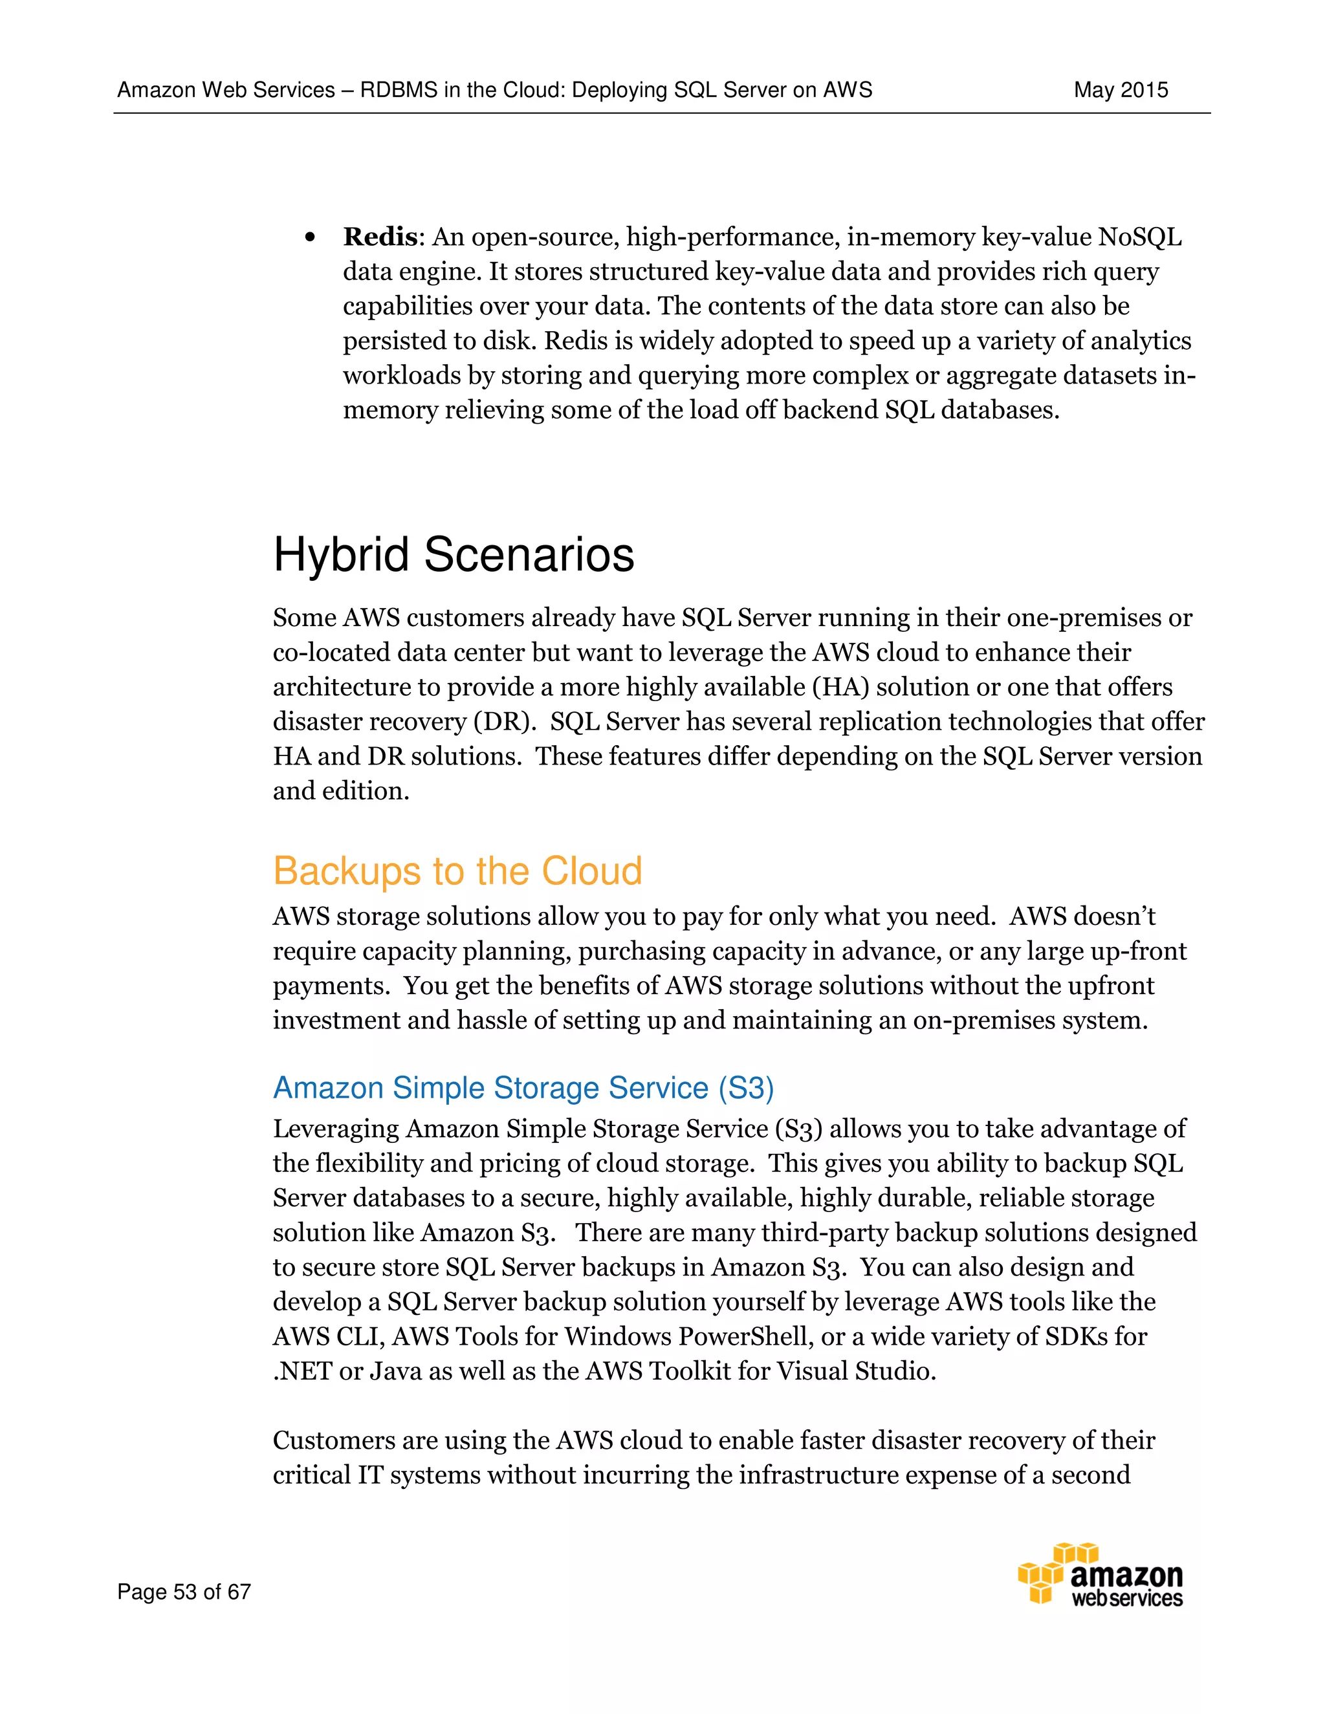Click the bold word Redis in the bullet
coord(379,236)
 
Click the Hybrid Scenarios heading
coord(453,555)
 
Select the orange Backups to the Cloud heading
coord(457,871)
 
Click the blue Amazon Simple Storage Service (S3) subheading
coord(523,1088)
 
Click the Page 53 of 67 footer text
coord(184,1592)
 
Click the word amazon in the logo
coord(1126,1575)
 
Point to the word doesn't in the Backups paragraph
coord(1114,916)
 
